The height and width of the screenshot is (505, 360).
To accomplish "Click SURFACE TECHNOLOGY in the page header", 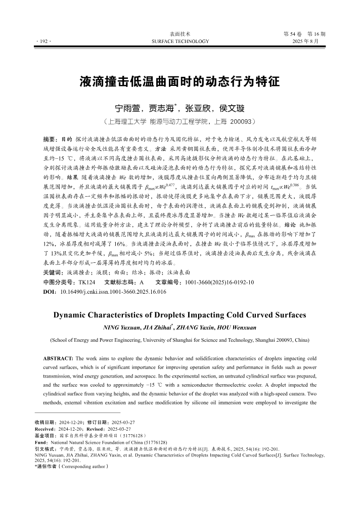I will (x=179, y=41).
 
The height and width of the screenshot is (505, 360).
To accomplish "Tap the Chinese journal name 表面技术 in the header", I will (x=179, y=33).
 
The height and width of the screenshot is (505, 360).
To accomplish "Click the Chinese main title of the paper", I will (x=179, y=82).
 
